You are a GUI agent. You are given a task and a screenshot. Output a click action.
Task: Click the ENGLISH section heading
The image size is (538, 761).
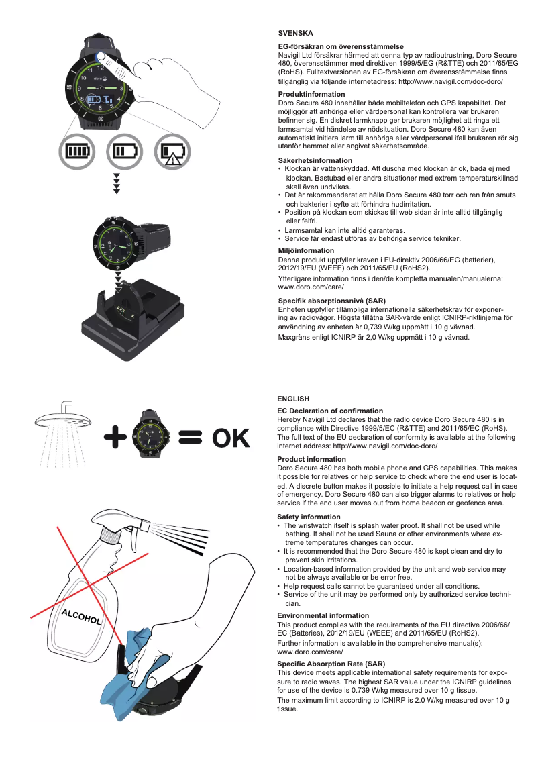[293, 399]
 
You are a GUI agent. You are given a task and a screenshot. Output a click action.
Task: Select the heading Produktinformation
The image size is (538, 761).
[311, 94]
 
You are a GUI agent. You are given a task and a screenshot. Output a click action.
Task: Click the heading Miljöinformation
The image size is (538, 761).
[306, 250]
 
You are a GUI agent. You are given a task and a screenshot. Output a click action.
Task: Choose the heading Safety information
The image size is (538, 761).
[309, 517]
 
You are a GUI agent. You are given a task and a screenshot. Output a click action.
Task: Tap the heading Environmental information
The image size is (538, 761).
[323, 615]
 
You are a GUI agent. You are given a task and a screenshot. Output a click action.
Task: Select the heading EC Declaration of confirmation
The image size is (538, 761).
[330, 411]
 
